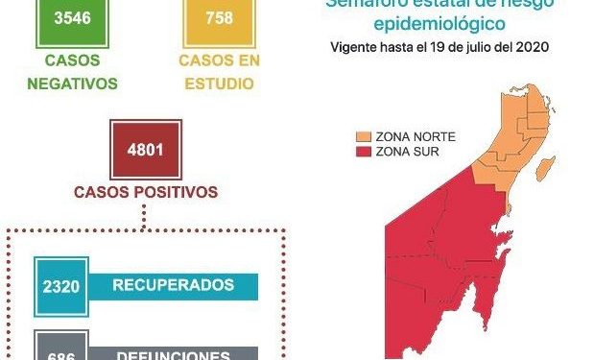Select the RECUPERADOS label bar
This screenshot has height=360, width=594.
point(173,285)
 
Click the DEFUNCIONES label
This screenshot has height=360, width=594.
point(173,353)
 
